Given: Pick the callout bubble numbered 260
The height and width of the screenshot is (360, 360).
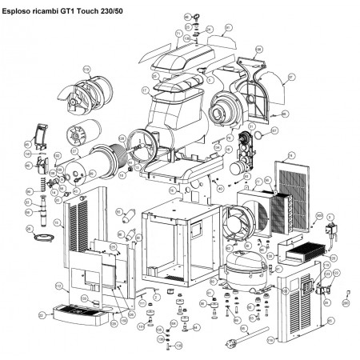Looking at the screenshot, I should click(346, 302).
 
